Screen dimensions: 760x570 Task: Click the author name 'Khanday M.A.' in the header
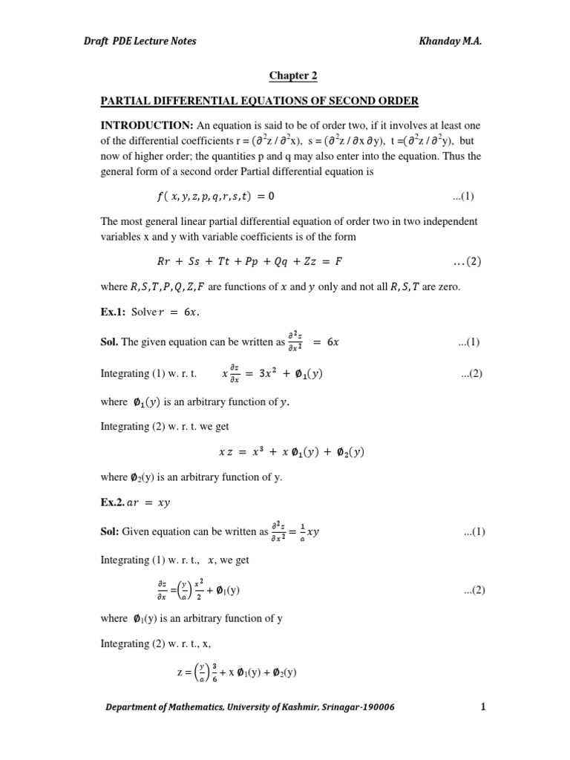click(x=451, y=41)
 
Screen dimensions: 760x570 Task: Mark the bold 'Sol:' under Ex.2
click(x=110, y=531)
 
